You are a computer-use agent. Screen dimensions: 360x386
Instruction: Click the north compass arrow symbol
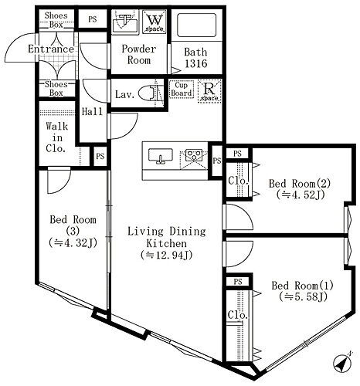pyautogui.click(x=342, y=363)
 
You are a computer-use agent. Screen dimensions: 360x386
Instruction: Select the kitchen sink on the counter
pyautogui.click(x=161, y=156)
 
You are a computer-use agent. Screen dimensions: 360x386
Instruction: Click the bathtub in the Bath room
pyautogui.click(x=197, y=25)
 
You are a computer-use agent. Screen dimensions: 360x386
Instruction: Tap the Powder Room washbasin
pyautogui.click(x=125, y=21)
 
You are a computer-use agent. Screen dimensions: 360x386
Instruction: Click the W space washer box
pyautogui.click(x=155, y=22)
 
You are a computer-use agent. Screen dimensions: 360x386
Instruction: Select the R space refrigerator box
pyautogui.click(x=209, y=91)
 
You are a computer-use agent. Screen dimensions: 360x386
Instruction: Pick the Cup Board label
pyautogui.click(x=182, y=89)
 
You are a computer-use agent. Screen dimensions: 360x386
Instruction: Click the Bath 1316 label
pyautogui.click(x=195, y=58)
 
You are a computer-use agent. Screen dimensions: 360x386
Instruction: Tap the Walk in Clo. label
pyautogui.click(x=57, y=137)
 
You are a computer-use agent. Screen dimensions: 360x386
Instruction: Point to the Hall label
pyautogui.click(x=92, y=111)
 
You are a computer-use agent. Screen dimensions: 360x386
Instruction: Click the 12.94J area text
pyautogui.click(x=167, y=256)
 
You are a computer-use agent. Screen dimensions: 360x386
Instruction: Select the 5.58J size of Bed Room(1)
pyautogui.click(x=303, y=297)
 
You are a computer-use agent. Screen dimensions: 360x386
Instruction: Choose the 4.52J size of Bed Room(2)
pyautogui.click(x=301, y=195)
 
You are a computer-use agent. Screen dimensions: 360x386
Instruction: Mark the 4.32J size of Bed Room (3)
pyautogui.click(x=73, y=242)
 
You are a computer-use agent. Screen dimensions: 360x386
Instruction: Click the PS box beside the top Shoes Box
pyautogui.click(x=93, y=19)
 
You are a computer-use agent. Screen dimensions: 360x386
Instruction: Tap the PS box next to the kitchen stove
pyautogui.click(x=217, y=161)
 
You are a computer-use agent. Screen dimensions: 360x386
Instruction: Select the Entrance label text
pyautogui.click(x=51, y=49)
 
